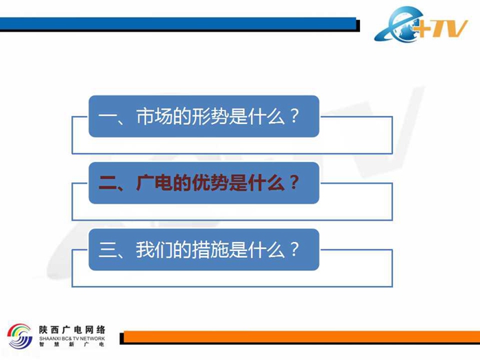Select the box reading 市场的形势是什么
point(204,117)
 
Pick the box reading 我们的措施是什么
point(204,250)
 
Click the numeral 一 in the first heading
point(108,117)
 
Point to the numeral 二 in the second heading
point(108,183)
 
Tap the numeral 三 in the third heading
point(108,250)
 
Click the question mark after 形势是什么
point(294,116)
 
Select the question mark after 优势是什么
point(294,182)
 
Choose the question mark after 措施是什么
point(294,249)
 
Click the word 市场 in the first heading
point(154,117)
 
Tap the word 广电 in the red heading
point(154,183)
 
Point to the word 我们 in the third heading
point(154,250)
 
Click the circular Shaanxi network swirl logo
point(20,336)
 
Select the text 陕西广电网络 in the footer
point(72,330)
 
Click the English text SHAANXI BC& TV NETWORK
point(72,339)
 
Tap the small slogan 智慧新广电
point(72,344)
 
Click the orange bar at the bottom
point(302,337)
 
